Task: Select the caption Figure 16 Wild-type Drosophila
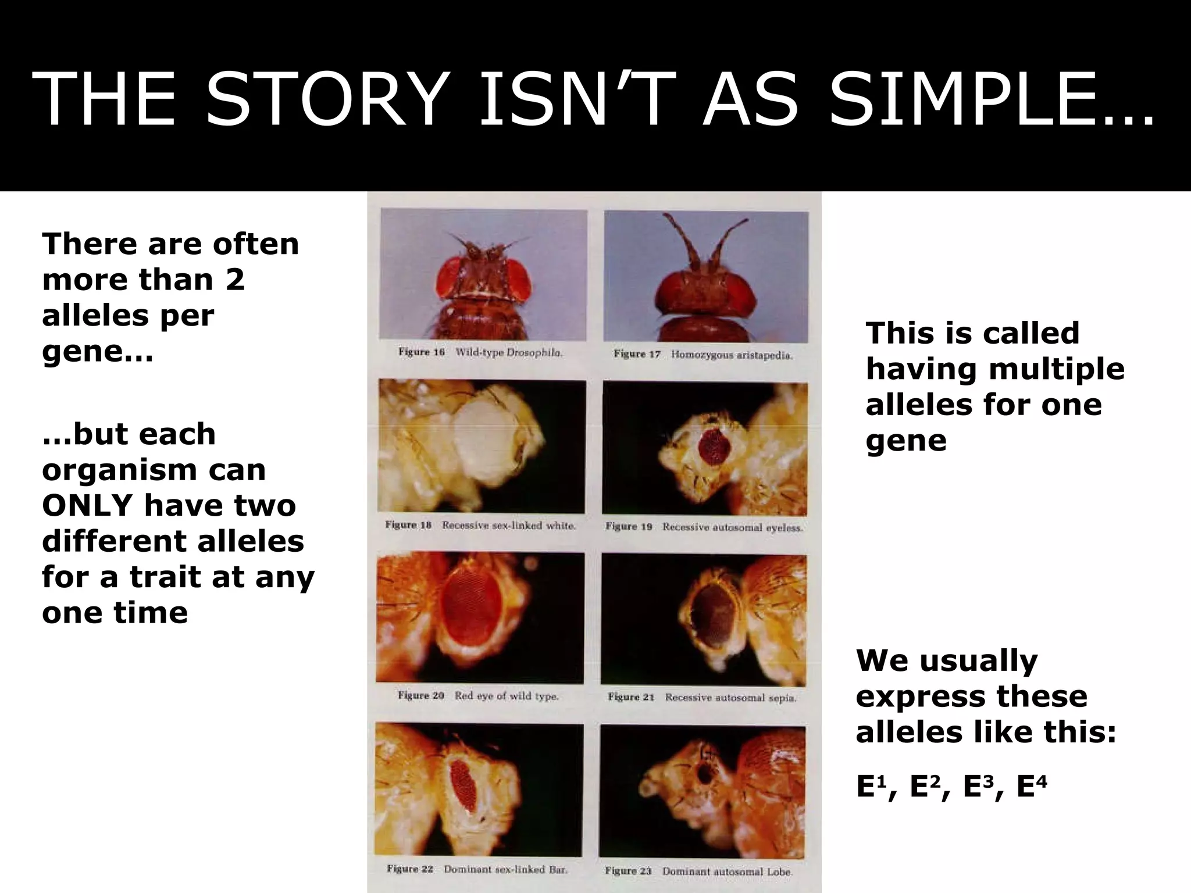click(480, 352)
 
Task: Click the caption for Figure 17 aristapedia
click(704, 355)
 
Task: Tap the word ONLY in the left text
click(87, 505)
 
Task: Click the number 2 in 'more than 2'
click(235, 280)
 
